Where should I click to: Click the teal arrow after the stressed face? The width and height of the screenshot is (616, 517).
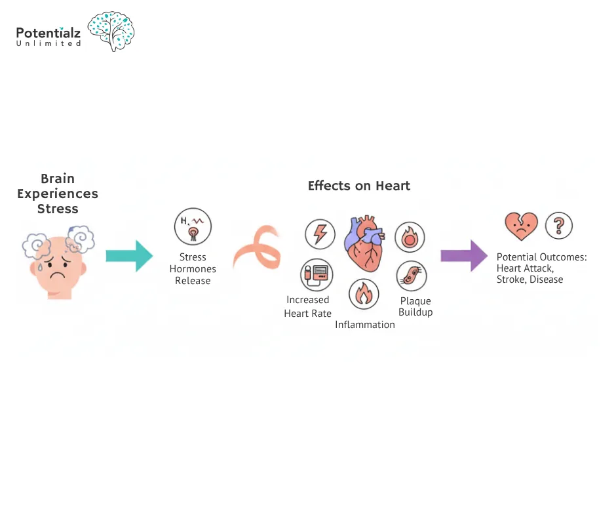click(x=129, y=255)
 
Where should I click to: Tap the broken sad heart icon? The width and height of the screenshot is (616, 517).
click(x=521, y=226)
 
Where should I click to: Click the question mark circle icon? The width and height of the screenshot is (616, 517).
click(x=558, y=226)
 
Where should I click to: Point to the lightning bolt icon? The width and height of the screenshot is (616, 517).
click(x=320, y=234)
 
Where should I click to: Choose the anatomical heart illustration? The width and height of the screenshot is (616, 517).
click(x=365, y=243)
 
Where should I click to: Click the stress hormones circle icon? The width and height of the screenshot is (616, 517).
click(x=193, y=226)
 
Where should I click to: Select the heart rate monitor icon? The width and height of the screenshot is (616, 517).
click(x=316, y=274)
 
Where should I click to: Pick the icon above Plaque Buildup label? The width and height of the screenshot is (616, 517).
click(x=412, y=276)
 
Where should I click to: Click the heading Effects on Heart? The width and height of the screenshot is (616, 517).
click(x=359, y=186)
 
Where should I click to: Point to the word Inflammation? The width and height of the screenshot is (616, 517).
click(x=365, y=325)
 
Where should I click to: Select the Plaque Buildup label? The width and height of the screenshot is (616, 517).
click(x=415, y=306)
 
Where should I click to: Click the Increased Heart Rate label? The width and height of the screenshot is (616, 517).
click(x=307, y=306)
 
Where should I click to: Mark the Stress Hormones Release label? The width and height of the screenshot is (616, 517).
click(x=193, y=269)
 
